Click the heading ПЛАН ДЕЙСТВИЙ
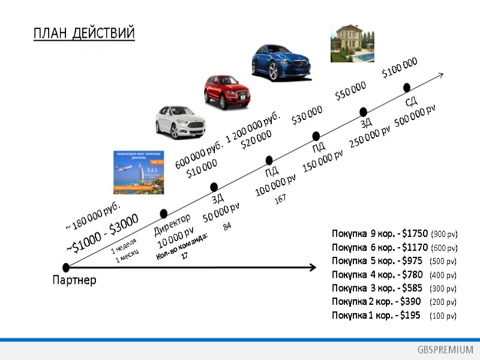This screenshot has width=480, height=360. [x=84, y=33]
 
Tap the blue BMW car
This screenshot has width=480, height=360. [x=281, y=62]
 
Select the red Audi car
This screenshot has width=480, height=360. [x=227, y=91]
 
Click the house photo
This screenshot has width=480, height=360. [x=348, y=43]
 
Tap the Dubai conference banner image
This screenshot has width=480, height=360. [x=139, y=172]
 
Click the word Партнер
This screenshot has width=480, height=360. [x=74, y=280]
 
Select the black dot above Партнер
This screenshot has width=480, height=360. [x=65, y=267]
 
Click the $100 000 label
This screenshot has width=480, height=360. [x=400, y=67]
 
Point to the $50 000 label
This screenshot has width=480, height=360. [x=350, y=92]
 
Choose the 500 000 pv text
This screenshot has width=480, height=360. [x=415, y=113]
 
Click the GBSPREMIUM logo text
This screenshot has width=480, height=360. [x=445, y=350]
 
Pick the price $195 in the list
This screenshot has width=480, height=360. [x=410, y=315]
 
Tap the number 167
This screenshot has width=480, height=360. [x=280, y=199]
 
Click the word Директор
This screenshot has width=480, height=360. [x=172, y=224]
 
